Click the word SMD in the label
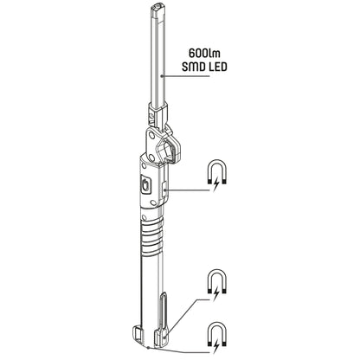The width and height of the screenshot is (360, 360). (192, 67)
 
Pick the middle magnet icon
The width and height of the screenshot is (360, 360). (214, 279)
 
